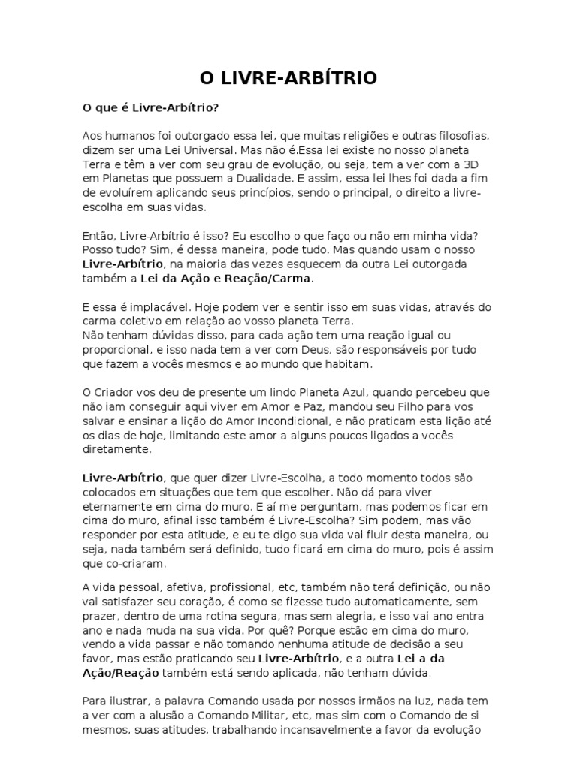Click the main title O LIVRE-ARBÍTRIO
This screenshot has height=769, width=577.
click(x=288, y=78)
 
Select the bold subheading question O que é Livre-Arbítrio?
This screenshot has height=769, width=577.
click(x=150, y=108)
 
